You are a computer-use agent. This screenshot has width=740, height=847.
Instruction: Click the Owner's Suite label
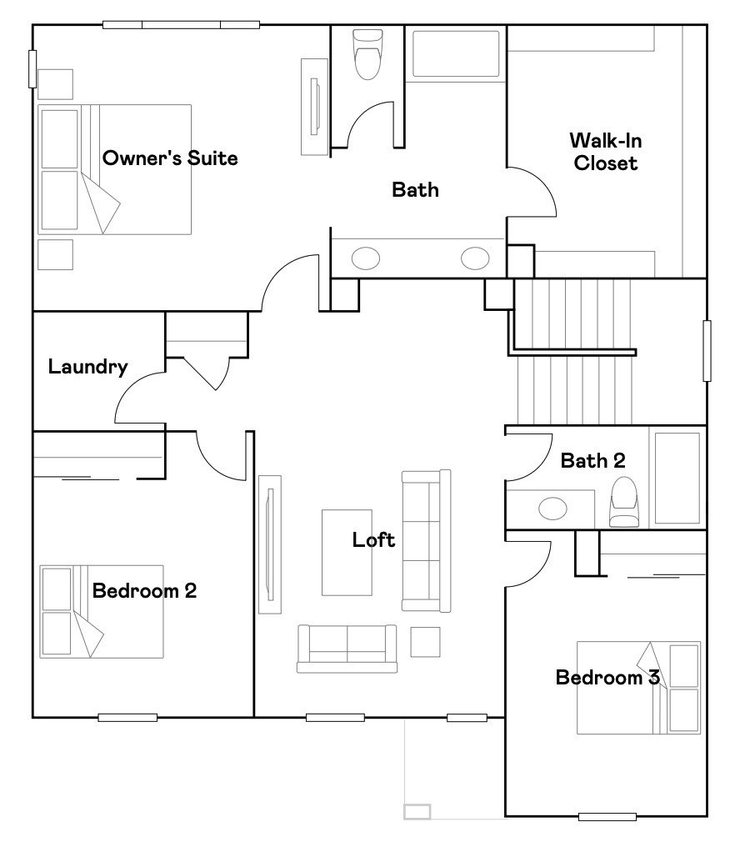point(169,158)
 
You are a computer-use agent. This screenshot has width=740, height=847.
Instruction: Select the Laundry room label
point(87,366)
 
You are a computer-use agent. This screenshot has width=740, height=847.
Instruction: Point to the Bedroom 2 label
point(144,591)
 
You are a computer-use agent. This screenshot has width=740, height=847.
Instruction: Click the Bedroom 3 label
point(607,677)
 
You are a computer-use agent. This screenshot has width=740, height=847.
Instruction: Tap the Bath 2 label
point(592,460)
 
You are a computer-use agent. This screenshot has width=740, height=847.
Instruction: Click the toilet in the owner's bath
point(367,53)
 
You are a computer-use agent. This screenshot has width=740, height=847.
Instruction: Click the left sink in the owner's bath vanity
point(365,258)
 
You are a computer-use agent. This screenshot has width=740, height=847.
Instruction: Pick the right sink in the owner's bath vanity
point(475,258)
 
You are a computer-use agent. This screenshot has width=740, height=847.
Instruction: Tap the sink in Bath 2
point(551,507)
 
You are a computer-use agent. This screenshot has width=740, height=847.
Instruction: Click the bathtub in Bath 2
point(677,478)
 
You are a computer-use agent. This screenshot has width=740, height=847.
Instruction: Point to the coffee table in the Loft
point(347,552)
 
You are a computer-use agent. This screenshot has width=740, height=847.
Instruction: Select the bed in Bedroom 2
point(102,611)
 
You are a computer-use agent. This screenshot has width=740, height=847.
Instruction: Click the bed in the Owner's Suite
point(115,169)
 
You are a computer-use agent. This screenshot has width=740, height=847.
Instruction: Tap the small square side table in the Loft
point(425,641)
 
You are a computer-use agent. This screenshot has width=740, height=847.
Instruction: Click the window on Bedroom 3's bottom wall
point(607,816)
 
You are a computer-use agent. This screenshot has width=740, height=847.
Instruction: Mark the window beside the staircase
point(707,351)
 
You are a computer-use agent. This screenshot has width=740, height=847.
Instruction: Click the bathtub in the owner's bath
point(456,56)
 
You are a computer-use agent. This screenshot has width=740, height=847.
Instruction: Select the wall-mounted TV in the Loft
point(268,543)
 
